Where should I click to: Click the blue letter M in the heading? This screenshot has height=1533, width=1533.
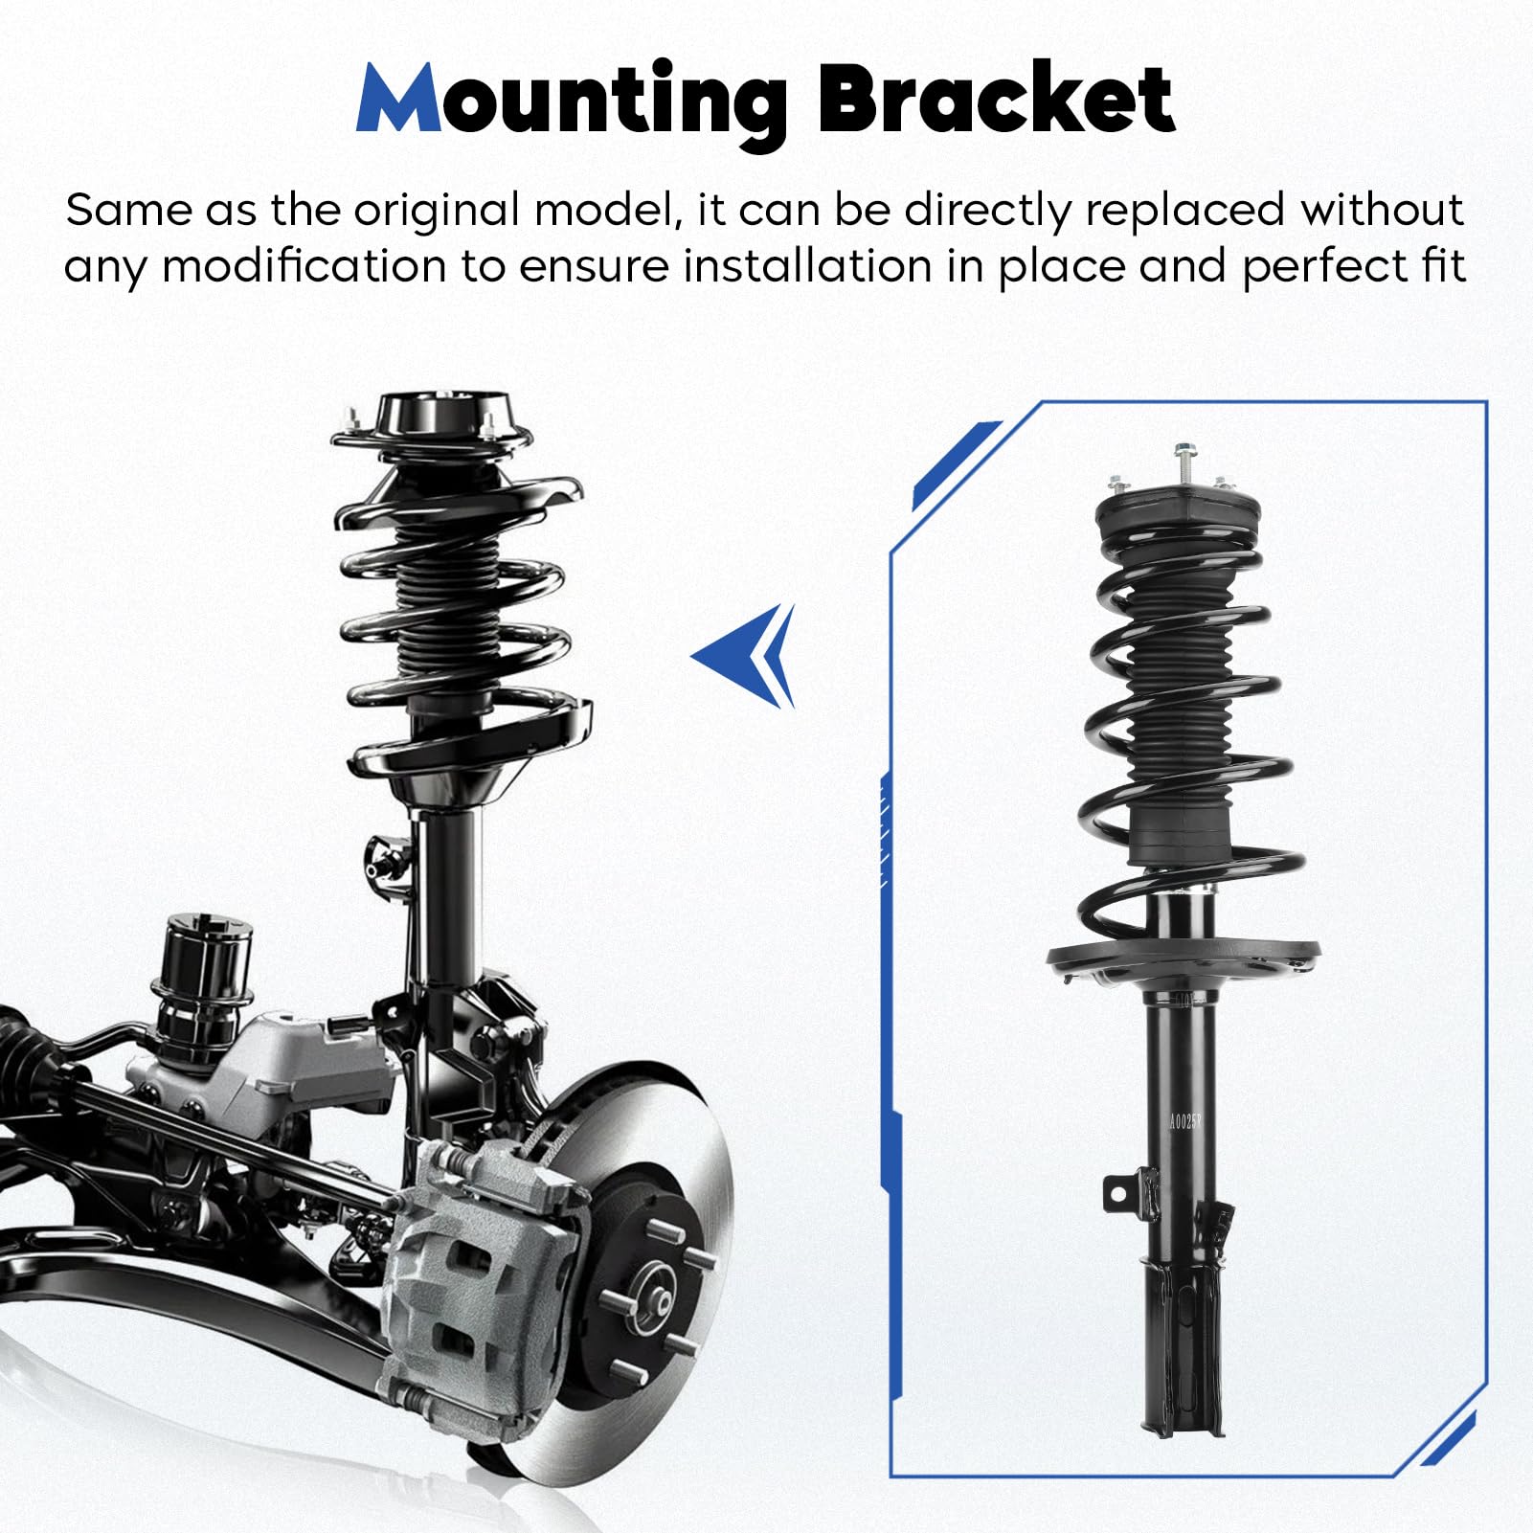pyautogui.click(x=398, y=101)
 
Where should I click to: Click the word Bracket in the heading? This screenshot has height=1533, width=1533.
pyautogui.click(x=996, y=101)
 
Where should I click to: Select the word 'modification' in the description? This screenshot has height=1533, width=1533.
pyautogui.click(x=304, y=266)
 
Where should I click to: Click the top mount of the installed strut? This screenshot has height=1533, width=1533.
pyautogui.click(x=433, y=421)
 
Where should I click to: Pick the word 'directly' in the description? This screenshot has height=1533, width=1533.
pyautogui.click(x=986, y=211)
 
